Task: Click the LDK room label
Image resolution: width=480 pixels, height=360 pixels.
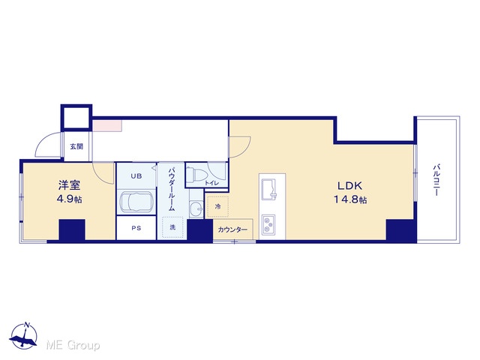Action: click(x=350, y=185)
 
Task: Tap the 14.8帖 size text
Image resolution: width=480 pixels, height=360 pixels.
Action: click(x=350, y=199)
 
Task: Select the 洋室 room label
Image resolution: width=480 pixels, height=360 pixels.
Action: click(x=69, y=185)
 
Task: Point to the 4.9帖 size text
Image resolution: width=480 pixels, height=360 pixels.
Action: click(x=69, y=199)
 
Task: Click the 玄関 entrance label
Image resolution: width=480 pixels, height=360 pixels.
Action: click(x=76, y=146)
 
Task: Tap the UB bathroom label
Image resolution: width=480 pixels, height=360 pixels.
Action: click(x=136, y=176)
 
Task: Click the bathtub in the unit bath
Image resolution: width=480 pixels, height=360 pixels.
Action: click(x=136, y=202)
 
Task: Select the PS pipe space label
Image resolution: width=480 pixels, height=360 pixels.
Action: click(x=136, y=228)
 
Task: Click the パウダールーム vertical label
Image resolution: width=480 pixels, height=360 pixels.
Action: click(x=172, y=188)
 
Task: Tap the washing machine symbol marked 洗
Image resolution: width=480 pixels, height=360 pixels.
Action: click(x=172, y=227)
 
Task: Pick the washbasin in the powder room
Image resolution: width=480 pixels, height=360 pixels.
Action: click(x=196, y=209)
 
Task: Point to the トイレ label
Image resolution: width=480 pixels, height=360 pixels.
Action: click(x=211, y=183)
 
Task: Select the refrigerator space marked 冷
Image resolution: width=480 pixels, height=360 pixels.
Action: click(x=217, y=207)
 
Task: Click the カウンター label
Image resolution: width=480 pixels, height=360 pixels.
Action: click(x=232, y=229)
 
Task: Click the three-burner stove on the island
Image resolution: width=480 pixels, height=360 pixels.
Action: click(x=268, y=225)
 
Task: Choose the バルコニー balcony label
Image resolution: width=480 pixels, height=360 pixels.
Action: click(x=436, y=180)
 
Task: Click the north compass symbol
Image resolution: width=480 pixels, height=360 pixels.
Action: click(x=24, y=336)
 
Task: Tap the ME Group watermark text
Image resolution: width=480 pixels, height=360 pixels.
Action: click(x=73, y=345)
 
